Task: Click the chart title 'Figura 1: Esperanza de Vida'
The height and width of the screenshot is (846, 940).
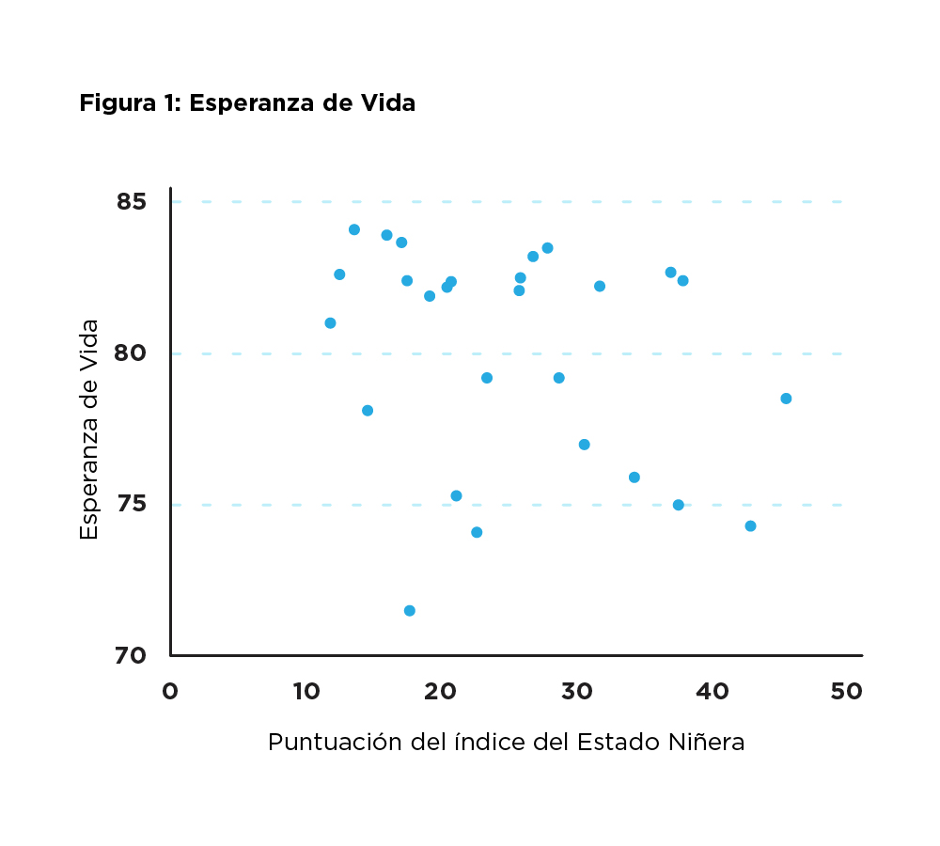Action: (x=247, y=103)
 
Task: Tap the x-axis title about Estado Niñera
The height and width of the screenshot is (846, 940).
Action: (x=506, y=742)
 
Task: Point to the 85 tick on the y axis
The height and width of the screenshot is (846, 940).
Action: (x=133, y=202)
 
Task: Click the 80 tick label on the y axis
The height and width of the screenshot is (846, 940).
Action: (x=133, y=353)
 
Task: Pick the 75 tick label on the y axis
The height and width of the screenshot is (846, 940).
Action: (x=133, y=505)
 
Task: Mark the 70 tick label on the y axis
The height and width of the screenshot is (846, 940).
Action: (x=133, y=655)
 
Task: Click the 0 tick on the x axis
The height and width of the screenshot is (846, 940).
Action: (x=170, y=691)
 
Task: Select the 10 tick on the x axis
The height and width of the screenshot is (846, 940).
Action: (x=305, y=691)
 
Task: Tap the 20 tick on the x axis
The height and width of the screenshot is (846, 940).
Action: (x=441, y=691)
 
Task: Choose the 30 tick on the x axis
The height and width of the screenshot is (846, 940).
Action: (x=576, y=691)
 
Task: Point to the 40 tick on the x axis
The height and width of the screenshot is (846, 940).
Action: (x=712, y=691)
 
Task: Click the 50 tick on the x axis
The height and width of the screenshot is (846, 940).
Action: (x=847, y=691)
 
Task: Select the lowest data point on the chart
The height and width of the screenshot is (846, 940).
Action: (x=410, y=611)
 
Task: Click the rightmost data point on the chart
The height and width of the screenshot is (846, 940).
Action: (x=786, y=399)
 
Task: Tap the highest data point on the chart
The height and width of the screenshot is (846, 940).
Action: (x=354, y=229)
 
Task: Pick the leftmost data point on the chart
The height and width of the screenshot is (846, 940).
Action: (x=330, y=323)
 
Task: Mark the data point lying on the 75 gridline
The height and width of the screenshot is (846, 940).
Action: (x=678, y=505)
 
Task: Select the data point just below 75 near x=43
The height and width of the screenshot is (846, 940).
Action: (x=750, y=526)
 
